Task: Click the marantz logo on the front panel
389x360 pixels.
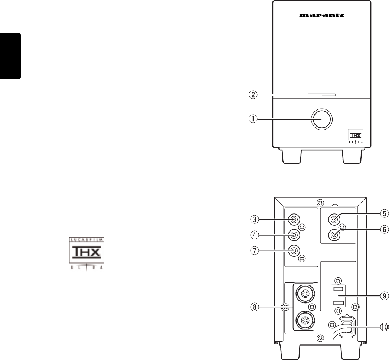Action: click(322, 16)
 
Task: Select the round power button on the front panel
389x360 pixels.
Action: click(321, 119)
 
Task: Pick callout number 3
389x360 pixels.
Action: click(255, 219)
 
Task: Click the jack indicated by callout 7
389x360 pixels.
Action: click(294, 251)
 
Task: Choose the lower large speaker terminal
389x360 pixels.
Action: click(305, 319)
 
